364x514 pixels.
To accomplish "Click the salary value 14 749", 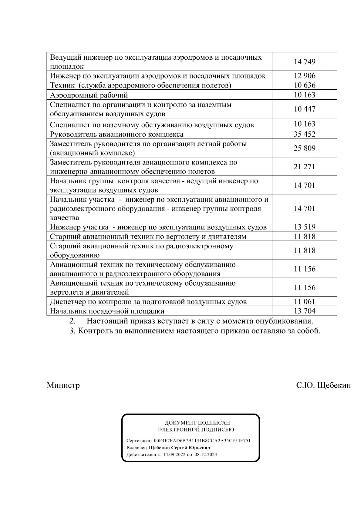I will tap(305, 62).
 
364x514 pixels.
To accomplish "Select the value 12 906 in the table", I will tap(305, 76).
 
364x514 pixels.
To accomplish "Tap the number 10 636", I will tap(305, 85).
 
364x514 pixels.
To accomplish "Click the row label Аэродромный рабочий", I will tap(89, 95).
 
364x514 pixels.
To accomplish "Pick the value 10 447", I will tap(305, 109).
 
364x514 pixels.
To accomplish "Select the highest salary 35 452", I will tap(305, 134).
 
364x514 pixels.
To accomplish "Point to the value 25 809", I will tap(305, 148).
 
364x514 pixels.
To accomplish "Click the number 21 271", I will tap(305, 167).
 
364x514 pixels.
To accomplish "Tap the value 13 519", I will tap(305, 227).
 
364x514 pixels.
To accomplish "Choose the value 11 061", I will tap(305, 301).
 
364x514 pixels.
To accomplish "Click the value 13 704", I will tap(305, 311).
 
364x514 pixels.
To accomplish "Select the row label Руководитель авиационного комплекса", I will tap(117, 134).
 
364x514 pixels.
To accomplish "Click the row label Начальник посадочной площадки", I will tap(107, 311).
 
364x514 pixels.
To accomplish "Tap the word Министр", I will tap(63, 385).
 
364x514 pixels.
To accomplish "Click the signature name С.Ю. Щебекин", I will tap(323, 385).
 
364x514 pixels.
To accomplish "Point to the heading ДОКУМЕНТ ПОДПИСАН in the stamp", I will tap(197, 423).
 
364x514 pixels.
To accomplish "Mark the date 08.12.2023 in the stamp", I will tap(205, 455).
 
